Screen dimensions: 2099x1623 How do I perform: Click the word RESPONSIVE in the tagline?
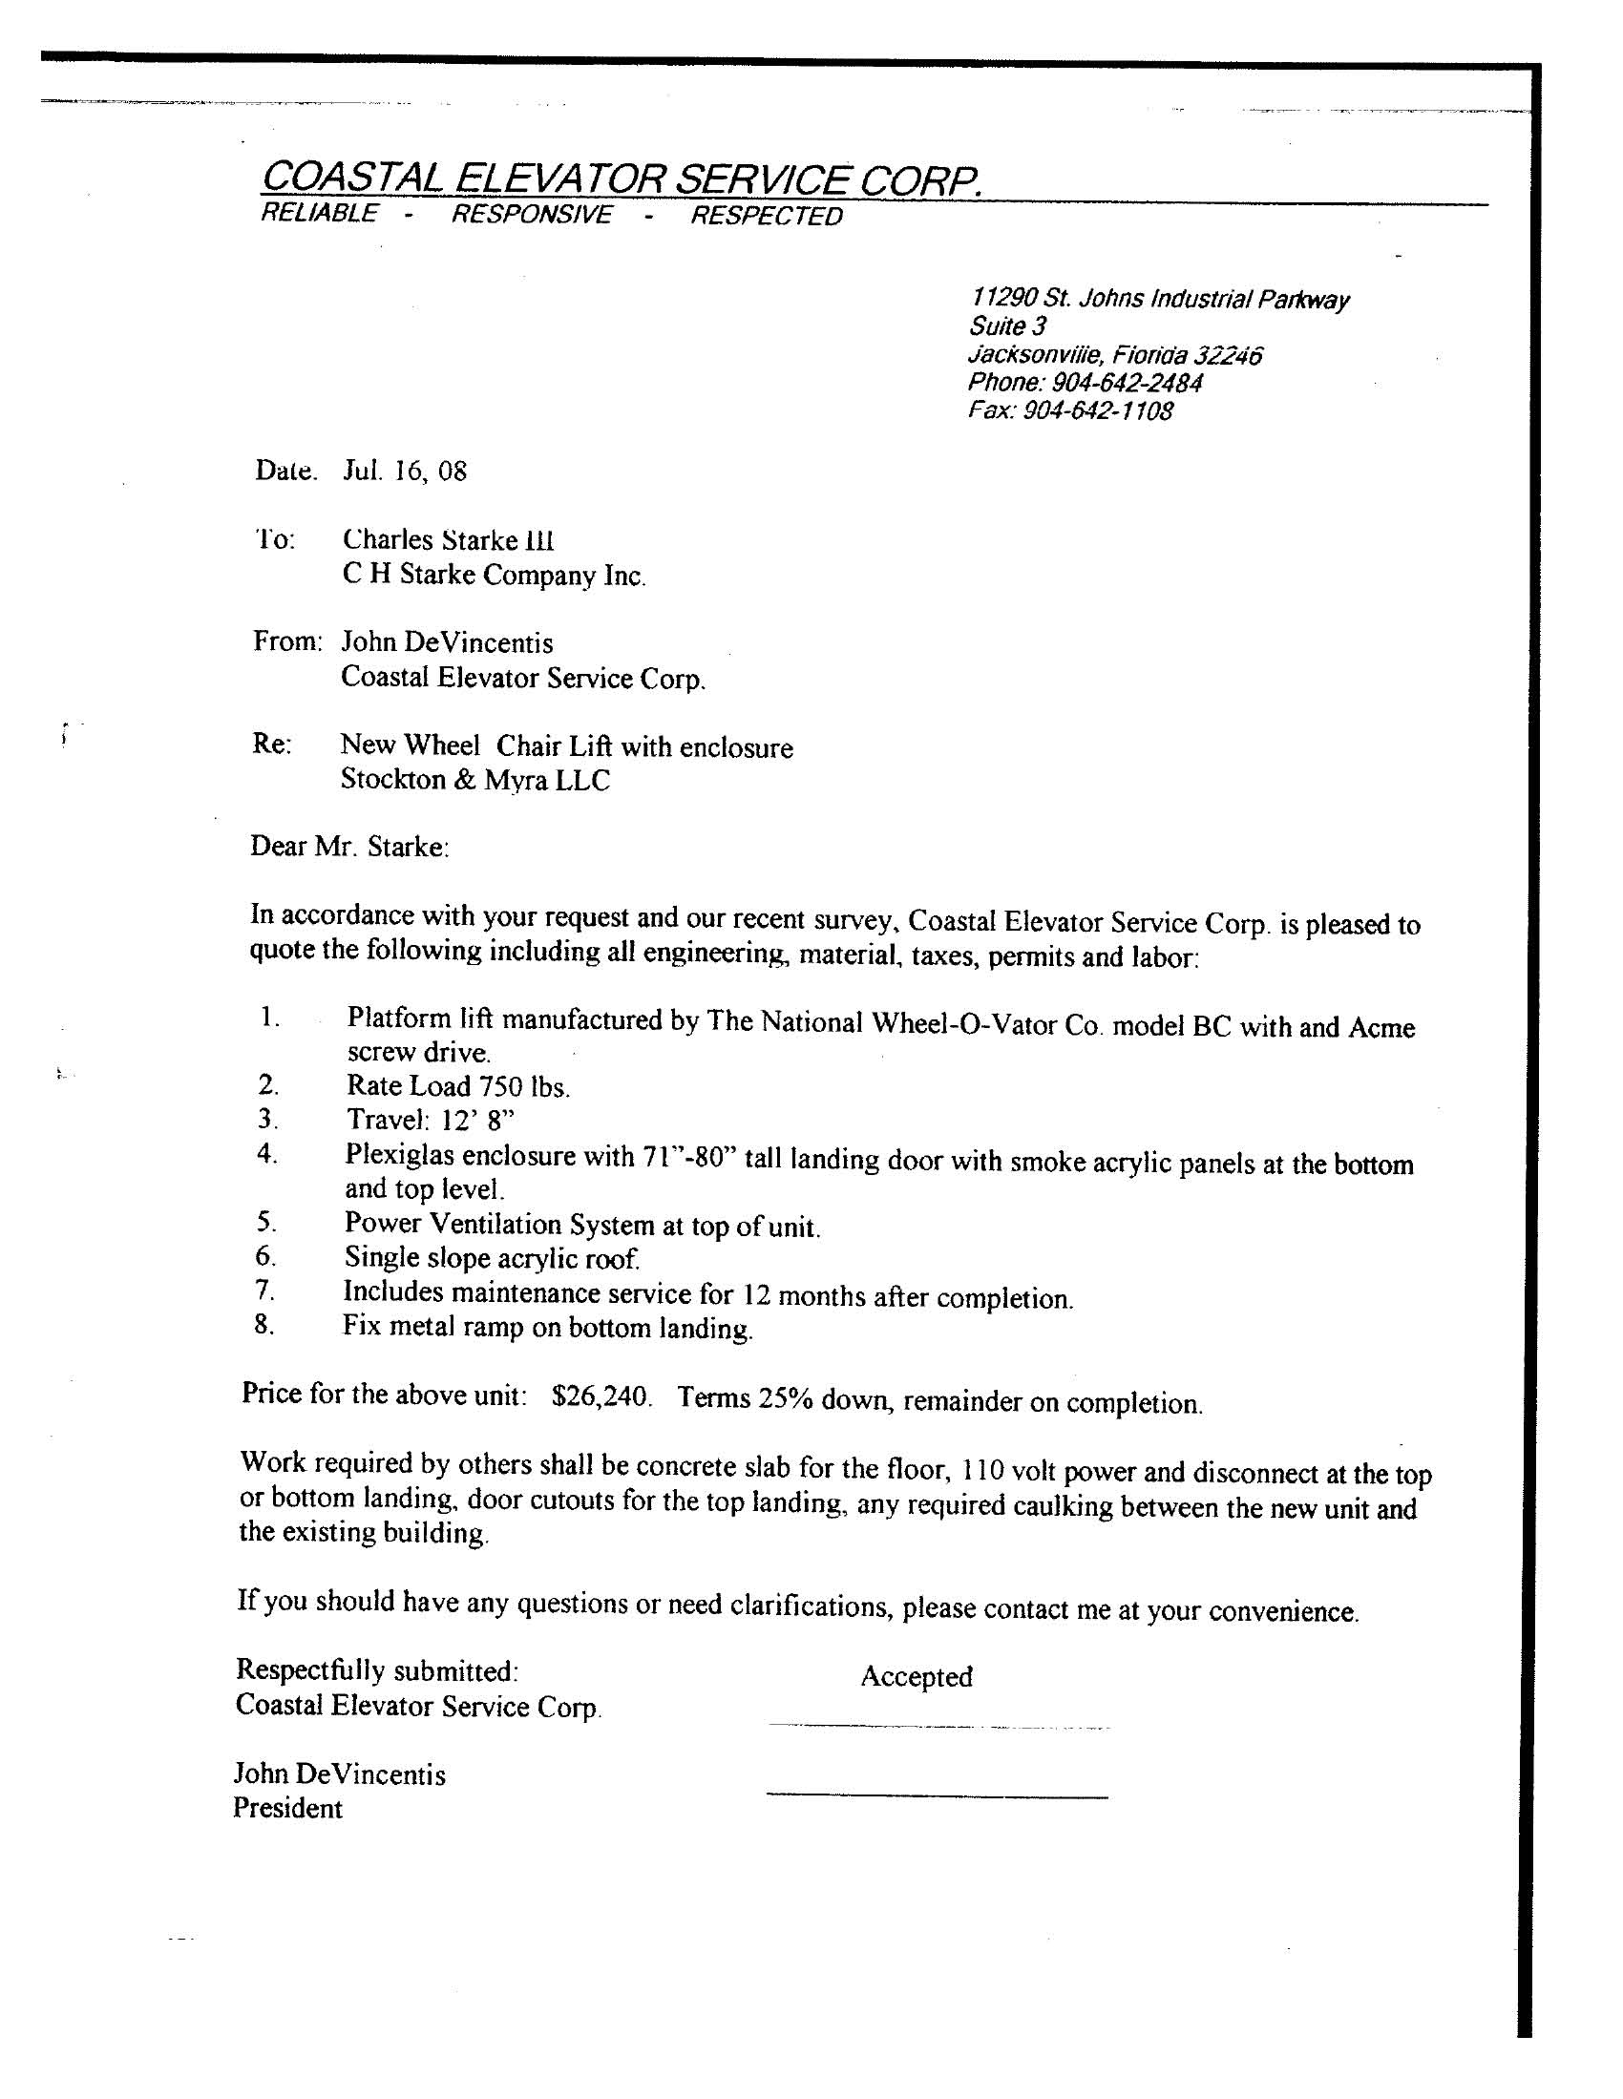[531, 214]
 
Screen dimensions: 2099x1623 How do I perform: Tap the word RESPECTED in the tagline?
[767, 217]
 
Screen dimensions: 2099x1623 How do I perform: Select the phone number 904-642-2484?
[1126, 383]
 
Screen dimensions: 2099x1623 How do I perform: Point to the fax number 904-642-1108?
[1097, 411]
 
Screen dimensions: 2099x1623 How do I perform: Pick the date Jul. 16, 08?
[405, 471]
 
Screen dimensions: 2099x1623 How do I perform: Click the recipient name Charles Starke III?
[448, 539]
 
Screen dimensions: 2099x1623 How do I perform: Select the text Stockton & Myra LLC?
[475, 780]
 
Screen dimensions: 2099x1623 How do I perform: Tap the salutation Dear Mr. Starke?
[349, 846]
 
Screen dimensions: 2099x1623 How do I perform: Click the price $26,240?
[601, 1396]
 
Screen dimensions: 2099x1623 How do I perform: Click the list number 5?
[266, 1223]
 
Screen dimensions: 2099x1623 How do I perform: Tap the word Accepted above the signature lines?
[917, 1676]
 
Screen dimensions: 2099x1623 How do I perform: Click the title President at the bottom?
[287, 1808]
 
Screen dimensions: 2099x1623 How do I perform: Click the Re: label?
[272, 745]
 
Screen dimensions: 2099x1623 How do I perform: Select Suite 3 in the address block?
[1007, 326]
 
